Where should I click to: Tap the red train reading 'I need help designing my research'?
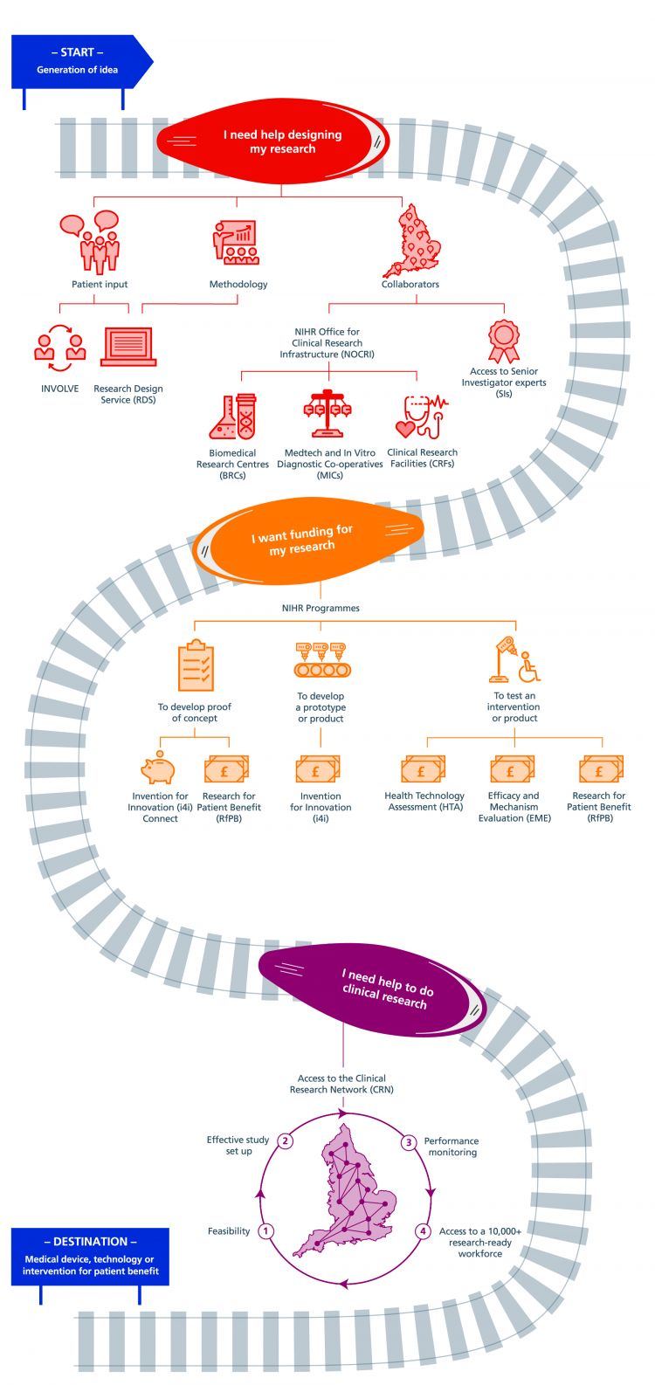[272, 141]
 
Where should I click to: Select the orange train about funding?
[308, 540]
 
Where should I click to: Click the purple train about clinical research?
[372, 989]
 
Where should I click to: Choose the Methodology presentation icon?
[236, 242]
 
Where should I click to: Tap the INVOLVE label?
[60, 389]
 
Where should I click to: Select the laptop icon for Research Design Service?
[128, 347]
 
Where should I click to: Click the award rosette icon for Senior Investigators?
[503, 341]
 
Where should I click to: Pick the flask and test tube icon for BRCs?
[232, 417]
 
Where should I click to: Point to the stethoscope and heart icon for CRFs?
[422, 417]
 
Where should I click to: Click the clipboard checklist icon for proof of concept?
[196, 665]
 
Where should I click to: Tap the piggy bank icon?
[158, 768]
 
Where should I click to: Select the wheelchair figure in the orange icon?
[529, 666]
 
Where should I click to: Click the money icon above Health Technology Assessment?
[424, 769]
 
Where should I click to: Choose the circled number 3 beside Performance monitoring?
[408, 1142]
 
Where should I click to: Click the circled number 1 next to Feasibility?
[266, 1230]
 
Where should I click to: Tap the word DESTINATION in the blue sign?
[90, 1241]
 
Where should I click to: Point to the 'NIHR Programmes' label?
[321, 609]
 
